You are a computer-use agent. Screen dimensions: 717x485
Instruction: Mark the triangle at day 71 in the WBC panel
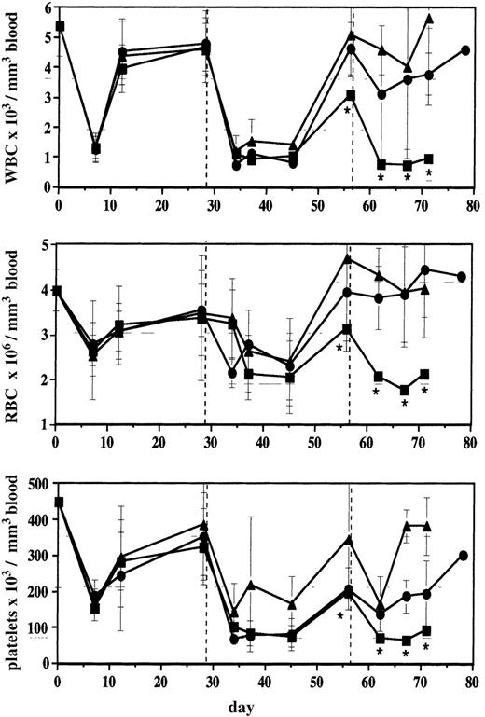pos(429,18)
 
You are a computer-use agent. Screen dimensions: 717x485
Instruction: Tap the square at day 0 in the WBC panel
pos(60,26)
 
